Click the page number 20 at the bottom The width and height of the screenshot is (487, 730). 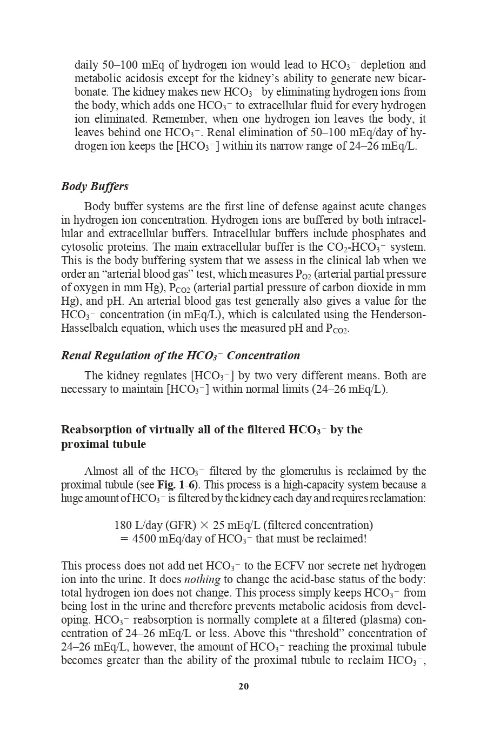click(243, 687)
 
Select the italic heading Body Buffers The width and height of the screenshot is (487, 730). click(95, 186)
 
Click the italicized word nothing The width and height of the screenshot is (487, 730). click(202, 579)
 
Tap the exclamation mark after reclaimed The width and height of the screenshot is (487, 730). click(365, 539)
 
